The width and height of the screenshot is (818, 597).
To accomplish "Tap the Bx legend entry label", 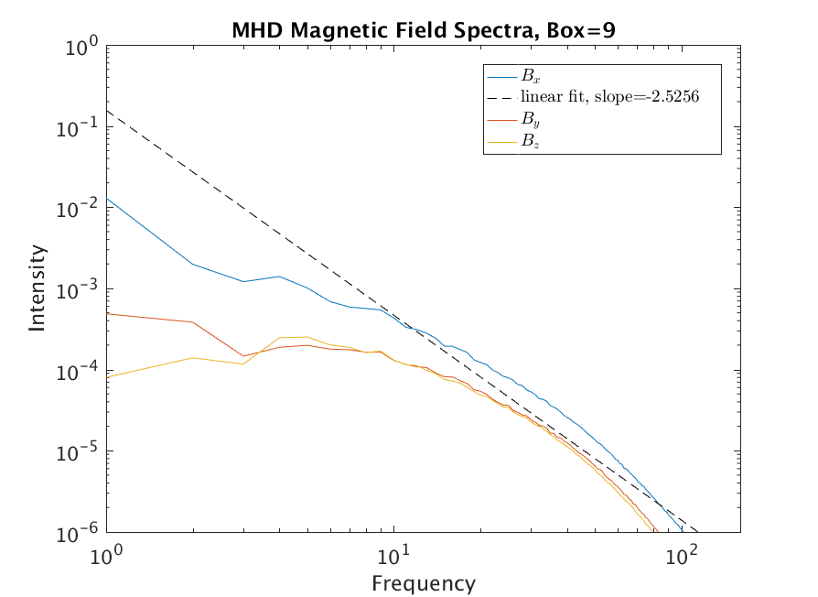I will [530, 77].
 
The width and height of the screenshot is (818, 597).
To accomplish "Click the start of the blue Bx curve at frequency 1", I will [108, 199].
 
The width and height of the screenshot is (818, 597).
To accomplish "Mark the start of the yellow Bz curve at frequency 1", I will [108, 376].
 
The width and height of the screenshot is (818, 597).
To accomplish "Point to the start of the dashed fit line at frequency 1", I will [108, 111].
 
